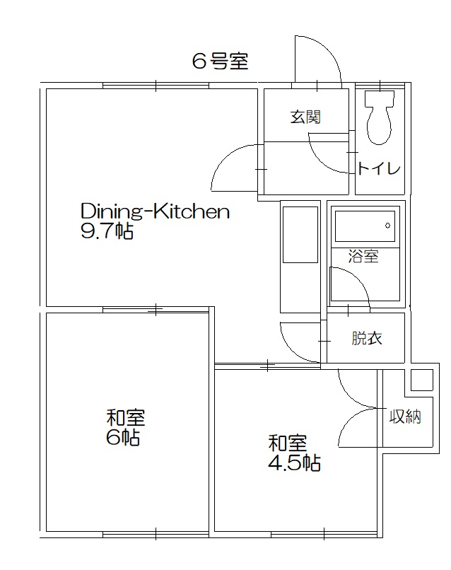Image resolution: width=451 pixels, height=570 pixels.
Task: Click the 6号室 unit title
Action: pos(220,62)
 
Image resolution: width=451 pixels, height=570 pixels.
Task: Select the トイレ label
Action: pos(380,168)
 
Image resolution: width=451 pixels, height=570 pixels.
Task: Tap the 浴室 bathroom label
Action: pos(363,257)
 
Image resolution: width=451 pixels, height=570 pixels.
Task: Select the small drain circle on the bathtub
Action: pos(387,226)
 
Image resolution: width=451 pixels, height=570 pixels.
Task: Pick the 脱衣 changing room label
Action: pos(367,338)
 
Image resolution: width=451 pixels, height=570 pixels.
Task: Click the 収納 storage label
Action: pos(406,417)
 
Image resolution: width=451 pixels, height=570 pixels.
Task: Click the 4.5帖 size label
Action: pos(293,463)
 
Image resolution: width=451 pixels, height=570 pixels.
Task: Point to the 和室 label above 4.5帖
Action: pos(287,443)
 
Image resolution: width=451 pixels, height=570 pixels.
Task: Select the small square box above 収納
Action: pos(422,380)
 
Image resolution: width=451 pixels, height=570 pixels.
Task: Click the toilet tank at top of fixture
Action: pos(380,98)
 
